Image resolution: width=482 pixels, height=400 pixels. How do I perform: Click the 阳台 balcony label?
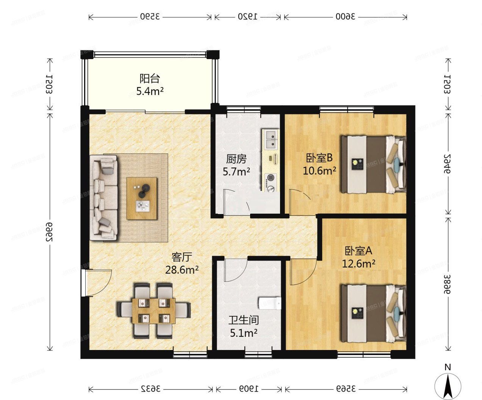pos(150,79)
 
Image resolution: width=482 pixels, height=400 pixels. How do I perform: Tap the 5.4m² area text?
pos(150,91)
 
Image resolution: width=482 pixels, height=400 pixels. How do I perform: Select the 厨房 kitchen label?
pos(236,159)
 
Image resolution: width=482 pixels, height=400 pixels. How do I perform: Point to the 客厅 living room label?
pos(182,258)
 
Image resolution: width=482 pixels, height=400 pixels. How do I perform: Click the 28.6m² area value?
pos(182,270)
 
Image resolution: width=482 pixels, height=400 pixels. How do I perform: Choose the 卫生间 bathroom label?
pos(243,320)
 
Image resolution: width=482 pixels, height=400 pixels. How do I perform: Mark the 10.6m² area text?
pos(319,171)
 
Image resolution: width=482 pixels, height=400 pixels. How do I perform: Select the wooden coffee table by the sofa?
pos(142,198)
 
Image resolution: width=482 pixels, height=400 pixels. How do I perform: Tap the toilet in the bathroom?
pos(270,303)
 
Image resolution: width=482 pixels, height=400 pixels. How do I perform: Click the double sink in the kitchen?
pos(271,139)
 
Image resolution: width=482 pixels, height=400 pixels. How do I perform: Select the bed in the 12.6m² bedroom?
pos(373,312)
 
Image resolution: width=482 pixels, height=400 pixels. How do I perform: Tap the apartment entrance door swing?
pos(97,282)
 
